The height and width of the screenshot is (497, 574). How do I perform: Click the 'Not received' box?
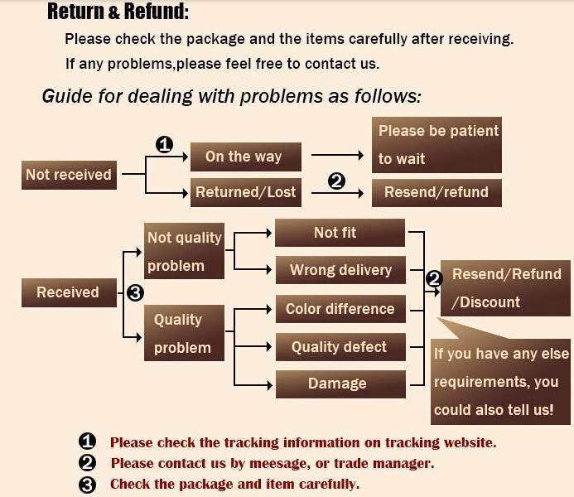pyautogui.click(x=68, y=175)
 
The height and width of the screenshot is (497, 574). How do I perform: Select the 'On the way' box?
pyautogui.click(x=243, y=157)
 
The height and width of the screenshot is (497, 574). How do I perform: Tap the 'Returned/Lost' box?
pyautogui.click(x=245, y=192)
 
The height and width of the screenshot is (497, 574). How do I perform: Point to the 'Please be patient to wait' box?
pyautogui.click(x=437, y=144)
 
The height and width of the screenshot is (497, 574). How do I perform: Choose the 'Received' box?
pyautogui.click(x=67, y=292)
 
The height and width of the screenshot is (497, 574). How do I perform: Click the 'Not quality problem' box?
pyautogui.click(x=184, y=251)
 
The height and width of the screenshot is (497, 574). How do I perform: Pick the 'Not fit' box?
pyautogui.click(x=339, y=233)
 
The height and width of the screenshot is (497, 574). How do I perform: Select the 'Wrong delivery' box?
pyautogui.click(x=340, y=270)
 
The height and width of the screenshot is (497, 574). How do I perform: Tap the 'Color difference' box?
pyautogui.click(x=340, y=309)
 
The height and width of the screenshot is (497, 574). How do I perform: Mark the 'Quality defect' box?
pyautogui.click(x=339, y=347)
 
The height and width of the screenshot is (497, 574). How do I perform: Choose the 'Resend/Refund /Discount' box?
pyautogui.click(x=505, y=287)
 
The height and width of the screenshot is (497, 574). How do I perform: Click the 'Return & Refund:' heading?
pyautogui.click(x=118, y=12)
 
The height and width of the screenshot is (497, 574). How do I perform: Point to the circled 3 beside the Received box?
pyautogui.click(x=136, y=292)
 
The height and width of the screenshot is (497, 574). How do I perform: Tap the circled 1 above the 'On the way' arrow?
pyautogui.click(x=164, y=144)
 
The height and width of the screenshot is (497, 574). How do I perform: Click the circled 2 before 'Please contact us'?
pyautogui.click(x=89, y=463)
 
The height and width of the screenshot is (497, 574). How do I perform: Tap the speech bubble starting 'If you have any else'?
pyautogui.click(x=501, y=381)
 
